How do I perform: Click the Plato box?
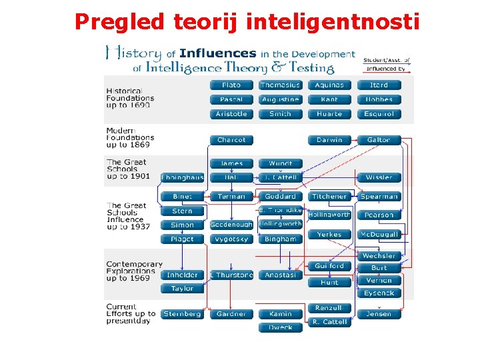tap(231, 85)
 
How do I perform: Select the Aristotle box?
tap(231, 114)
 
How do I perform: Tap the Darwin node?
tap(329, 140)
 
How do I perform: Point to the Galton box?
tap(379, 140)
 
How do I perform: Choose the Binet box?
tap(182, 197)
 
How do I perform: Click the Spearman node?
tap(379, 197)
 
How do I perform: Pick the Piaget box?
tap(182, 239)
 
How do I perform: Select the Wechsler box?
tap(379, 256)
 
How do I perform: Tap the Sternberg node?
tap(182, 314)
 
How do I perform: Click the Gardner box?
tap(231, 314)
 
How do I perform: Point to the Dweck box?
tap(281, 327)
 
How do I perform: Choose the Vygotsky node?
tap(231, 239)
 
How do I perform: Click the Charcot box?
tap(231, 140)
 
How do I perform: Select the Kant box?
tap(329, 99)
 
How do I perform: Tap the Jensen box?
tap(379, 314)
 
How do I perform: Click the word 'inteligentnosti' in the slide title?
tap(333, 22)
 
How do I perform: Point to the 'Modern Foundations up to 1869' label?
tap(130, 137)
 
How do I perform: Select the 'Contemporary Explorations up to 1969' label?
tap(134, 271)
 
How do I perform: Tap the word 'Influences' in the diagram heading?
tap(217, 53)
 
